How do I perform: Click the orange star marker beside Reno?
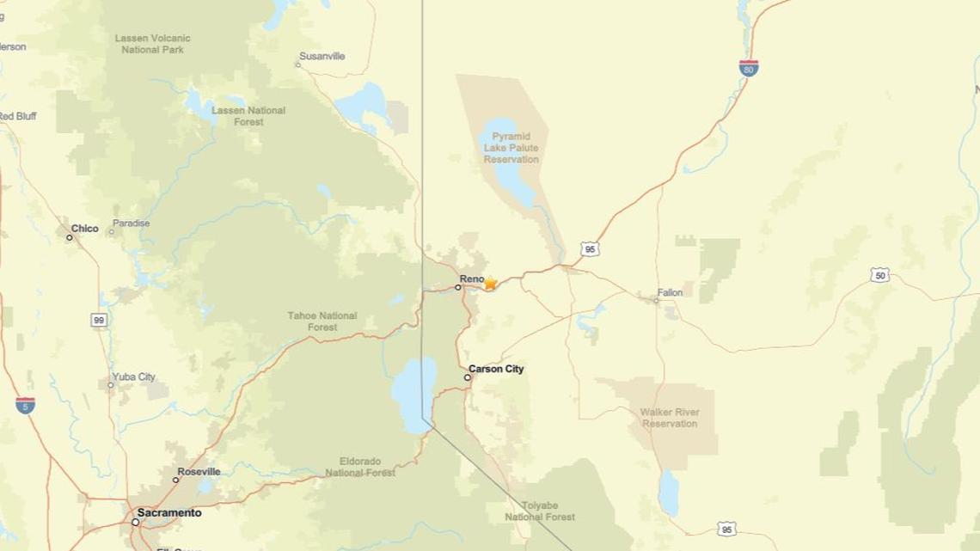pyautogui.click(x=490, y=283)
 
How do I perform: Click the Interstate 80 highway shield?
pyautogui.click(x=750, y=69)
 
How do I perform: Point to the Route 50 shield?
pyautogui.click(x=879, y=275)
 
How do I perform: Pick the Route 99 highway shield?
pyautogui.click(x=99, y=320)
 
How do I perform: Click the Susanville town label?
pyautogui.click(x=323, y=56)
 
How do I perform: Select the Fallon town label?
pyautogui.click(x=670, y=293)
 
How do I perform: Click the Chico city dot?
pyautogui.click(x=70, y=238)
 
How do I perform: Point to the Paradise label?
pyautogui.click(x=132, y=223)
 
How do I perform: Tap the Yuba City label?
pyautogui.click(x=134, y=377)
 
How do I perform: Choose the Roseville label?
pyautogui.click(x=199, y=472)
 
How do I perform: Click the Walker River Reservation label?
pyautogui.click(x=670, y=418)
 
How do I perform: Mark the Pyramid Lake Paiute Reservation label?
pyautogui.click(x=511, y=148)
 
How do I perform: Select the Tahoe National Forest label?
pyautogui.click(x=322, y=321)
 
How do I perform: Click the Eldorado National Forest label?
pyautogui.click(x=360, y=467)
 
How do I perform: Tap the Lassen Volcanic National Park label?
pyautogui.click(x=152, y=45)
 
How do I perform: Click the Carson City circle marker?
pyautogui.click(x=469, y=377)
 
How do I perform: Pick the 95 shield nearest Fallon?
pyautogui.click(x=589, y=249)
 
